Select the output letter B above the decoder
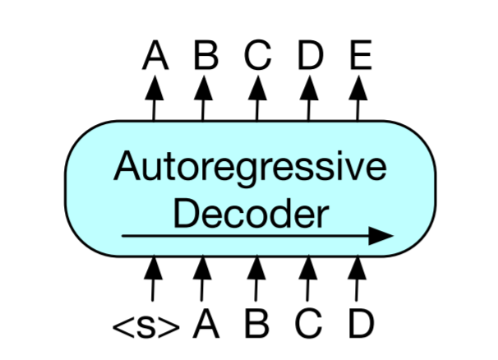click(x=205, y=56)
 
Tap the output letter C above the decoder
click(x=258, y=56)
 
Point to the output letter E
click(x=359, y=56)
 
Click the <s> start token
click(x=145, y=326)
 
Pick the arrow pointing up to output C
click(x=257, y=99)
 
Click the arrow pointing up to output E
click(x=358, y=99)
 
